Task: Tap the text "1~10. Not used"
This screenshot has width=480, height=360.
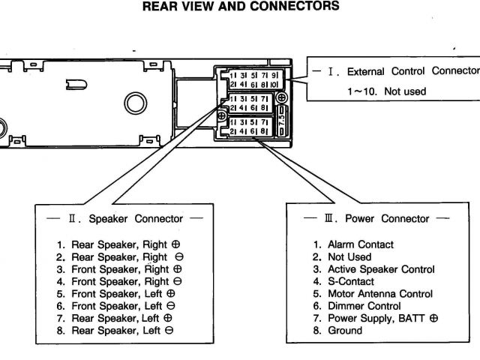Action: point(385,91)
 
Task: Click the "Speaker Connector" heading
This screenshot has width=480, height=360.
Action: point(135,219)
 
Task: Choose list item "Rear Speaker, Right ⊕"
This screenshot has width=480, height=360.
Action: point(120,244)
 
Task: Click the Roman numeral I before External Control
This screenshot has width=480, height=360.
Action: point(331,71)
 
